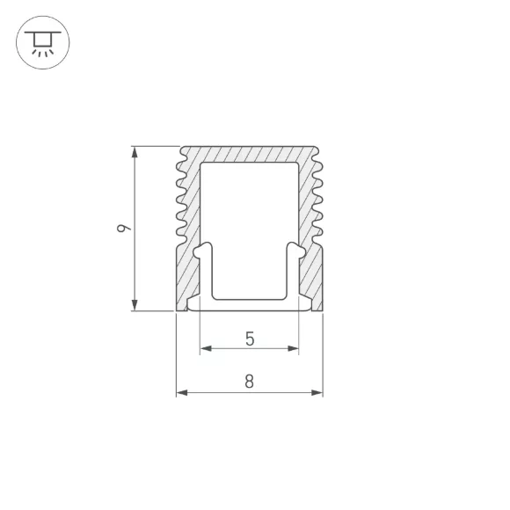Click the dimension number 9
[x=124, y=228]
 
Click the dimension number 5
[x=250, y=339]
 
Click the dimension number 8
[x=250, y=382]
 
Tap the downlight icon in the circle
[x=43, y=42]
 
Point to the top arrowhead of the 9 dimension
[x=135, y=152]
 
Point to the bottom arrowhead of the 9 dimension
[x=135, y=305]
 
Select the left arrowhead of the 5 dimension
[x=206, y=349]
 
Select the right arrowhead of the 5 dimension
[x=293, y=349]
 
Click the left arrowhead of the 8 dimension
[x=182, y=392]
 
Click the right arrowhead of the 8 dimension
[x=317, y=392]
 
